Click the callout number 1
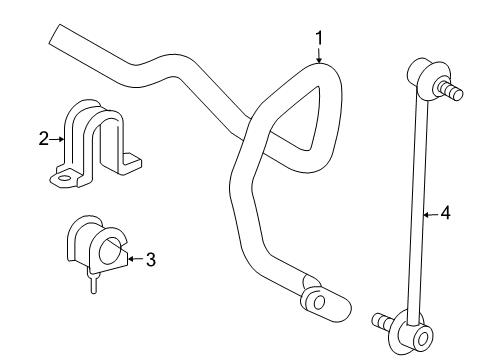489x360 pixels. click(319, 38)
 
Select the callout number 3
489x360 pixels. click(150, 260)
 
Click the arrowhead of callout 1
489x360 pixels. click(319, 62)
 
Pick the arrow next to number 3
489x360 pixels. click(131, 259)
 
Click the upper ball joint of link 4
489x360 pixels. click(421, 76)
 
